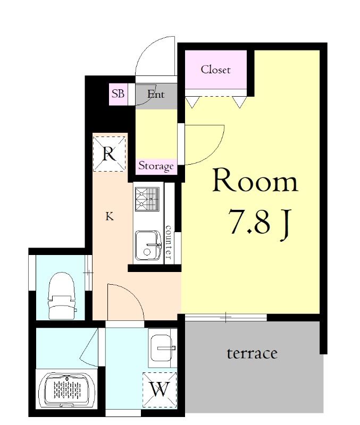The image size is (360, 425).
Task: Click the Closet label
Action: tap(216, 70)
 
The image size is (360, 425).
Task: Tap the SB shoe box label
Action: tap(118, 94)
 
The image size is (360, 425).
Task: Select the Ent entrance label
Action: tap(156, 94)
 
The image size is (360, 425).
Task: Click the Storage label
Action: tap(156, 166)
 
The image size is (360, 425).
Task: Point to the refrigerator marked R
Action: tap(109, 154)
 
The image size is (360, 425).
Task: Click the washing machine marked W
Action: tap(160, 390)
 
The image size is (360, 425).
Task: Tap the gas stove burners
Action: tap(147, 199)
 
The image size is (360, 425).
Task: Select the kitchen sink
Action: tap(148, 245)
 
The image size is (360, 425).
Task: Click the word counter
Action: tap(169, 242)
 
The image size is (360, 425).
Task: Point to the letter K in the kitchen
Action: tap(110, 216)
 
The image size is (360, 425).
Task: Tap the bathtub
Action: tap(68, 390)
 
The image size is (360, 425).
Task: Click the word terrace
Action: tap(252, 353)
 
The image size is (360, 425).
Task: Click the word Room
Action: tap(255, 181)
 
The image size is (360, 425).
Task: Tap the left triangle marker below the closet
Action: tap(192, 103)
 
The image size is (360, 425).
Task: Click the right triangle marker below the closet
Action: tap(239, 103)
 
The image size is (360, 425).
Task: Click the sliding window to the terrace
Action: tap(226, 317)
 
